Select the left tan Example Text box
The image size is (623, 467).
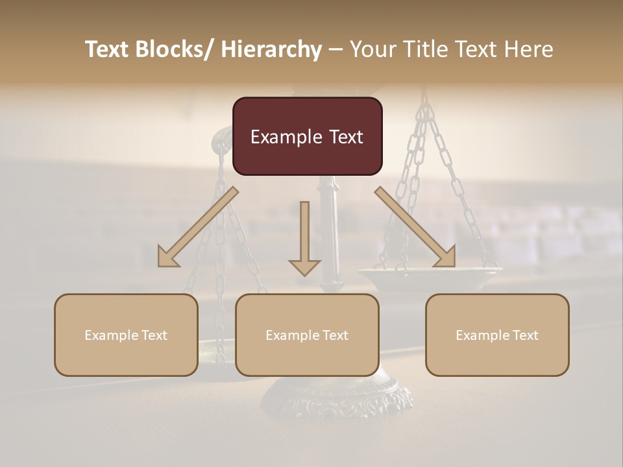(x=126, y=335)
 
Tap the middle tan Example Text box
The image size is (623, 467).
(x=307, y=335)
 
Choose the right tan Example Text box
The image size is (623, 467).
(x=497, y=335)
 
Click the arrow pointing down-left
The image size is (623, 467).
(x=197, y=227)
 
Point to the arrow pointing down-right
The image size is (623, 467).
(x=415, y=227)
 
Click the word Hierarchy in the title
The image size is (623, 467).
(x=271, y=49)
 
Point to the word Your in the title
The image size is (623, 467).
(x=372, y=49)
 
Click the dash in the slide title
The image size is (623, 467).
(x=336, y=49)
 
